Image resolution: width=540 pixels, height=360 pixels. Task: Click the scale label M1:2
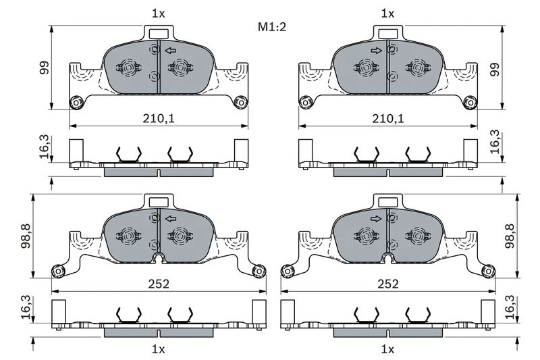pos(272,26)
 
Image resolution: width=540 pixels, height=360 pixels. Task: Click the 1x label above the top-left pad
pos(159,14)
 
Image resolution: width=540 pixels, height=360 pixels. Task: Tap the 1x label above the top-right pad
pos(387,14)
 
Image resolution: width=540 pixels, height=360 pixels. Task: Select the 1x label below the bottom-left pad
pos(159,349)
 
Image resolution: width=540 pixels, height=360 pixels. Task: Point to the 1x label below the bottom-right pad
pos(387,349)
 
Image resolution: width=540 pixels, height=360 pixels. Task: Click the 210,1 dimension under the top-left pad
pos(159,118)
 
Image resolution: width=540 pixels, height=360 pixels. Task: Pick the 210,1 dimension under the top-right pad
pos(388,118)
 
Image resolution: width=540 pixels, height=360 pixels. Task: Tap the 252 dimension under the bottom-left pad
pos(159,284)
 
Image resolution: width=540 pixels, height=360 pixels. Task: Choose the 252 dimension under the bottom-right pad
pos(388,284)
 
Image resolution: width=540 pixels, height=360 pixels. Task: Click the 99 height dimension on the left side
pos(45,68)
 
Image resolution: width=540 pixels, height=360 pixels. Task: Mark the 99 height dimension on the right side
pos(495,70)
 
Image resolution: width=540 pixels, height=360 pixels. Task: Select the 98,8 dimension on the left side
pos(26,236)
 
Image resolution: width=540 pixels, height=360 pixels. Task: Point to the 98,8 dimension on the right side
pos(510,236)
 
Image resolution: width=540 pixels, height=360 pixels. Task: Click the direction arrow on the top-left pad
pos(171,51)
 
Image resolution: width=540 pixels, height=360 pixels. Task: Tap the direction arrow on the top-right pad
pos(377,51)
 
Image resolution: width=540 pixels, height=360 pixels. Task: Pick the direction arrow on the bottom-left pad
pos(171,218)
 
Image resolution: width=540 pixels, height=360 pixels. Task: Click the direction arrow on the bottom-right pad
pos(377,218)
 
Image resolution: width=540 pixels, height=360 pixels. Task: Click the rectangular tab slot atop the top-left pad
pos(159,34)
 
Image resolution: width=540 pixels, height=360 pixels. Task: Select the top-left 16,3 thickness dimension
pos(45,147)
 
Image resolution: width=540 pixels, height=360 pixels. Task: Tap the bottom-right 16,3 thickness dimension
pos(510,307)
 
